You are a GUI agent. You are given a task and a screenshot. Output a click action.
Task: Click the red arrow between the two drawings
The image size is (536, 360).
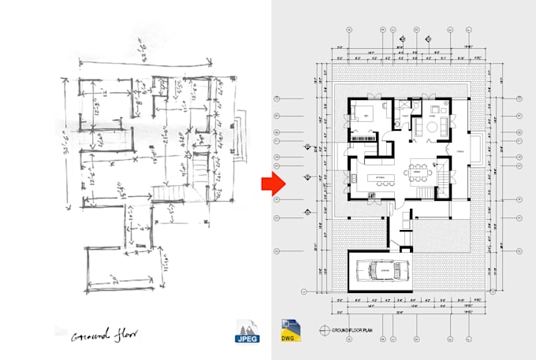[x=273, y=184]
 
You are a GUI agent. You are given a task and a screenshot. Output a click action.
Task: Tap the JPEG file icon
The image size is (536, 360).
[x=248, y=331]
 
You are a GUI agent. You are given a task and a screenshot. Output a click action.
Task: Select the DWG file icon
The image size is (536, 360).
[x=290, y=331]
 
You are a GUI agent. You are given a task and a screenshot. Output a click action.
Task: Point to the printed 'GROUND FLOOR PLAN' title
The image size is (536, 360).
[x=350, y=331]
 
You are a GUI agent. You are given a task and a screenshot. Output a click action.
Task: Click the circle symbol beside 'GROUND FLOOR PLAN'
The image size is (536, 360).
[x=324, y=331]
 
